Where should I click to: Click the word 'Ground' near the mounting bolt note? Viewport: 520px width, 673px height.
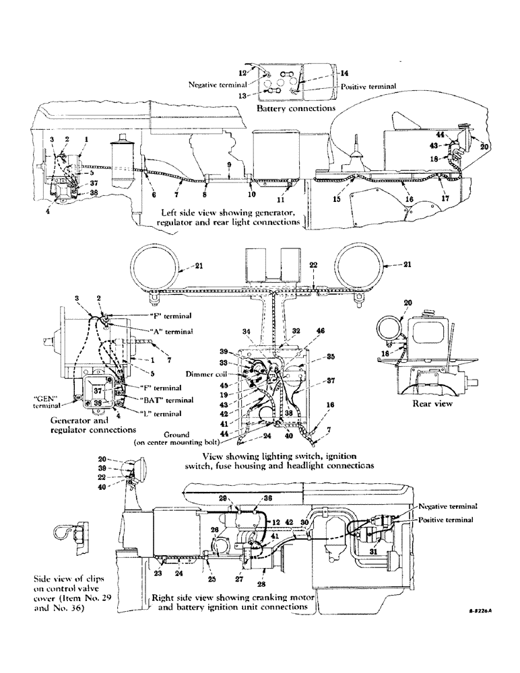[x=166, y=435]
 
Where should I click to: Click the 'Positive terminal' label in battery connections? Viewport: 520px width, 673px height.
[x=368, y=86]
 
